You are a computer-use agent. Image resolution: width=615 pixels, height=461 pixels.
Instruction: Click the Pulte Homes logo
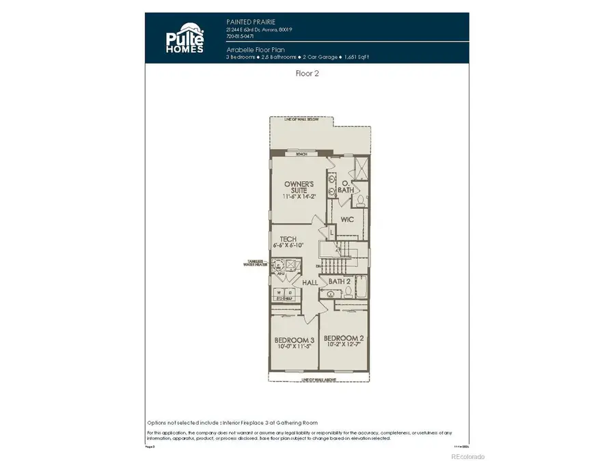click(x=183, y=40)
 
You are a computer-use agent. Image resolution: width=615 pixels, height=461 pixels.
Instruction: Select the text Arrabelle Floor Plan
click(x=255, y=50)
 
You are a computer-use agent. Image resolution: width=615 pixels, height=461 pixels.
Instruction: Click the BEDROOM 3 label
click(x=294, y=340)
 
